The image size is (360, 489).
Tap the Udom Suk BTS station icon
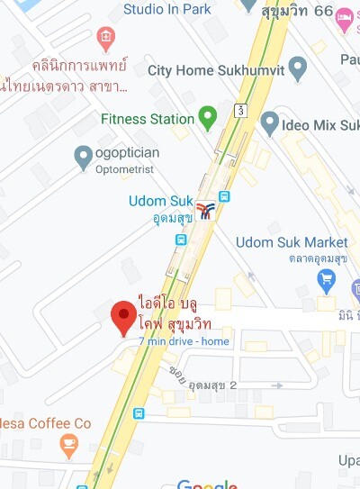pos(206,211)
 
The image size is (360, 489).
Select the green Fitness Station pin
pos(208,118)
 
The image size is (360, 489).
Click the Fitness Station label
pos(148,119)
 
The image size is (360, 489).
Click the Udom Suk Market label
pos(292,242)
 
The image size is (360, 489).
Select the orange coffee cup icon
pos(67,443)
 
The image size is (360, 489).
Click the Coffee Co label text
pos(45,422)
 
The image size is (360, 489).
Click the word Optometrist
pos(125,169)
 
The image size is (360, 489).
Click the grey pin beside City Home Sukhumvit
pos(298,68)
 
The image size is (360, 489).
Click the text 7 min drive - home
pos(184,341)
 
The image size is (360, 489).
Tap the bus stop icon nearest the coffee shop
pos(139,413)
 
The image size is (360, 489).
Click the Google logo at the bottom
pos(208,484)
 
